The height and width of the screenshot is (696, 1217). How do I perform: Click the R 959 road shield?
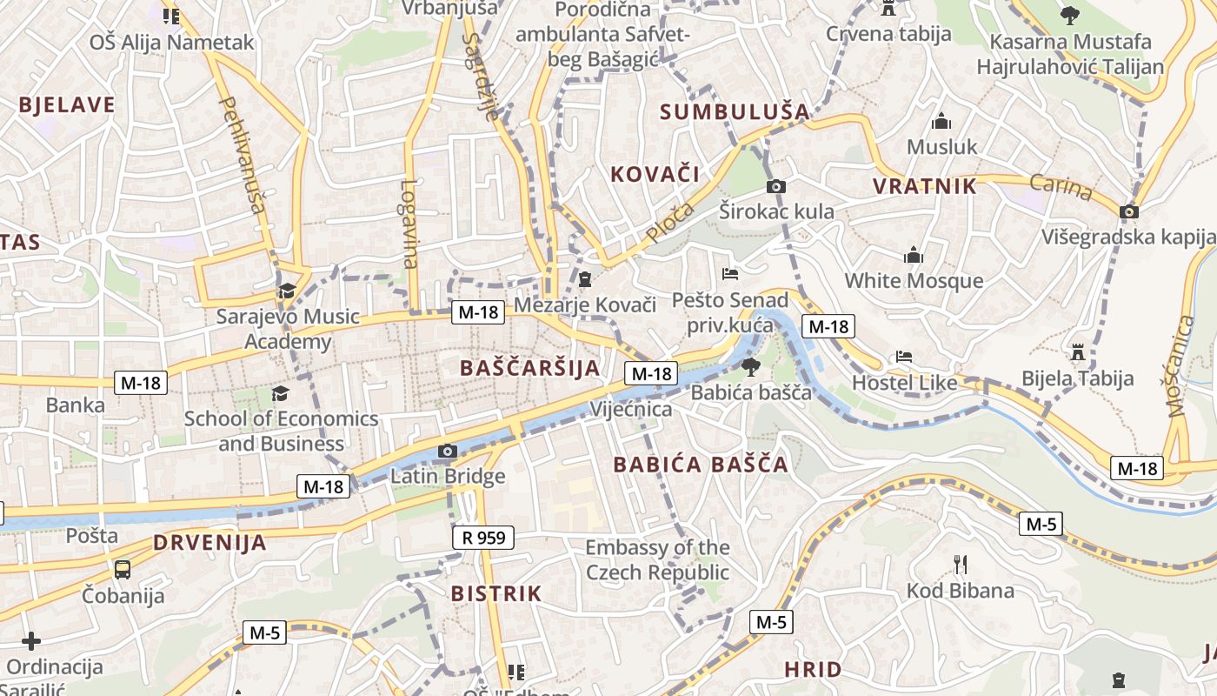pos(484,538)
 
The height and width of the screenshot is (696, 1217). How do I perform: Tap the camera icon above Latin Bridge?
pos(448,451)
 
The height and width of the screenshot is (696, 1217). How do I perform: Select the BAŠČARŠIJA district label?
pos(530,368)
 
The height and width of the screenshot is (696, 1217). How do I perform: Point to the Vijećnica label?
pos(631,409)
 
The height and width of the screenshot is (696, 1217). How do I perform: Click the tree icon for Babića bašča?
pos(750,367)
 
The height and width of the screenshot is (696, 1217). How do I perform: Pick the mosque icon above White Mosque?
pos(914,256)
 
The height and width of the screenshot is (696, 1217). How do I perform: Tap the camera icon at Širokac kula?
pos(776,186)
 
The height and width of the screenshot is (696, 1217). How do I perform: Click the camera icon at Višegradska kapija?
pos(1129,211)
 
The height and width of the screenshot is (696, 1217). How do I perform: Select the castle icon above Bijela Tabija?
pos(1079,352)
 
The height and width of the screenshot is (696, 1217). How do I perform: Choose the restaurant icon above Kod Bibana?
pos(961,565)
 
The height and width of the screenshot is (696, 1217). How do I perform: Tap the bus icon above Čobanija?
pos(123,570)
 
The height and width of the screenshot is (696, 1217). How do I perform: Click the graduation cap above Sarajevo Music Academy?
pos(287,291)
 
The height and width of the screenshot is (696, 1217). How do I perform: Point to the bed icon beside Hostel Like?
pos(904,357)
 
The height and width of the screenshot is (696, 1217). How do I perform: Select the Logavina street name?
pos(410,224)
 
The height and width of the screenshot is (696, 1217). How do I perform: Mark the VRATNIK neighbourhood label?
pos(925,186)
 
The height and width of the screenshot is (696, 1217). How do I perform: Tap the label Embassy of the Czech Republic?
pos(657,560)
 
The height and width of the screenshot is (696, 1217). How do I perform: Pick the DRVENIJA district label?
pos(209,543)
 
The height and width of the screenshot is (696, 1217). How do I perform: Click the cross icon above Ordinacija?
pos(31,642)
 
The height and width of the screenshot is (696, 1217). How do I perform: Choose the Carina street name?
pos(1061,186)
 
